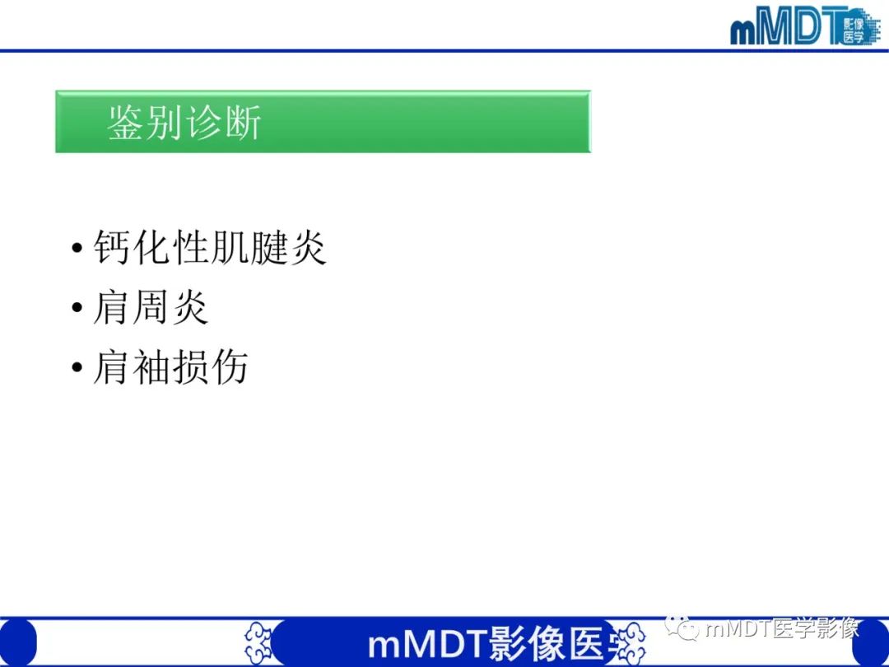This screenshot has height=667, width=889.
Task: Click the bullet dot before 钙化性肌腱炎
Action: pyautogui.click(x=77, y=249)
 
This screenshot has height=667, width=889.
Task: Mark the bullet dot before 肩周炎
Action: pyautogui.click(x=77, y=309)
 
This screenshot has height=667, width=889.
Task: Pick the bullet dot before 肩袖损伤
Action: pyautogui.click(x=77, y=369)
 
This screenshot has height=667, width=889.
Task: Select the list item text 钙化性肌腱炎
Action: pyautogui.click(x=210, y=247)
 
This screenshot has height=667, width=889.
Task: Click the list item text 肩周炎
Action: pyautogui.click(x=151, y=307)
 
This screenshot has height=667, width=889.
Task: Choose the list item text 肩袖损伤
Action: pyautogui.click(x=170, y=367)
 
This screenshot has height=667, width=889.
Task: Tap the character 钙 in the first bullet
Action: pyautogui.click(x=112, y=247)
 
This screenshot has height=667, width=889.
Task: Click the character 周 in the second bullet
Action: pyautogui.click(x=151, y=307)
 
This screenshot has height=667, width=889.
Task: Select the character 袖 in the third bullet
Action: pyautogui.click(x=151, y=367)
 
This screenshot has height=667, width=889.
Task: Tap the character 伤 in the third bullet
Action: pyautogui.click(x=229, y=367)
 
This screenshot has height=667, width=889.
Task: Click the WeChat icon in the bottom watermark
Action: pyautogui.click(x=682, y=629)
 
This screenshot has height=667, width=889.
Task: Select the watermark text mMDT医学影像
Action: pyautogui.click(x=780, y=629)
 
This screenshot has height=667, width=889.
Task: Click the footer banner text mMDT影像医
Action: pyautogui.click(x=486, y=645)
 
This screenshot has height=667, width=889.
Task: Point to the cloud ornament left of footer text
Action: pyautogui.click(x=258, y=642)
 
